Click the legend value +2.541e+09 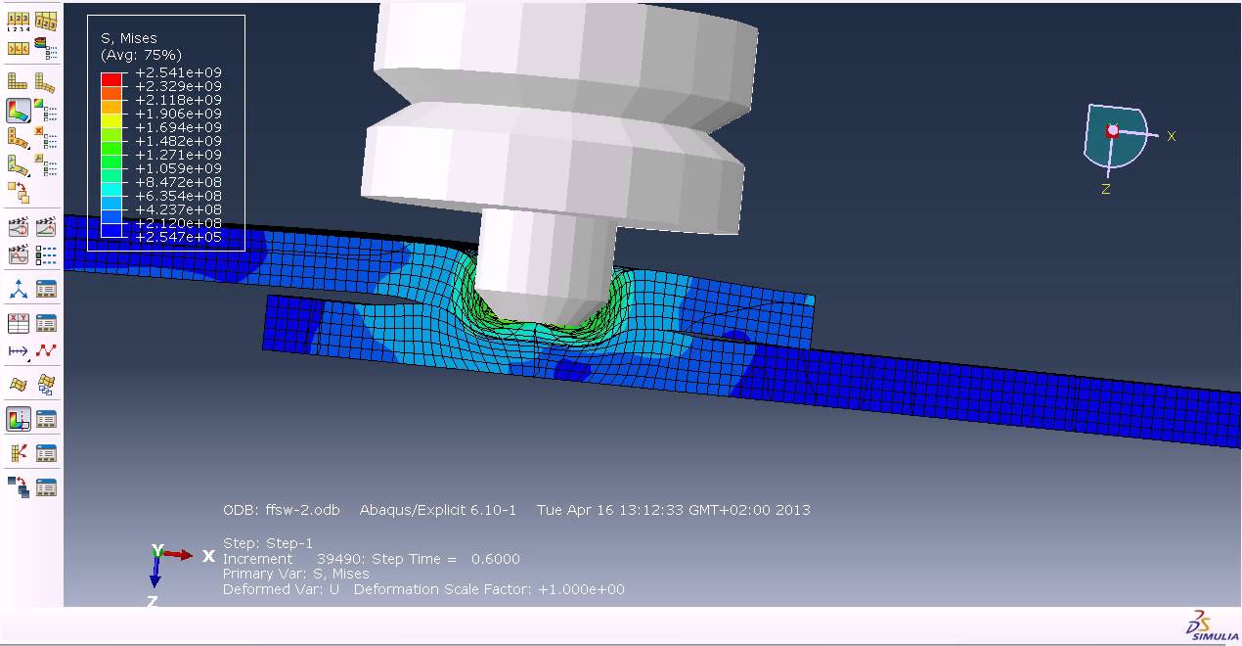coord(178,72)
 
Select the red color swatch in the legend coord(112,79)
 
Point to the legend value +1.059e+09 coord(178,168)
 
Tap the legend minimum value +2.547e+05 coord(178,237)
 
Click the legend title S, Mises coord(129,38)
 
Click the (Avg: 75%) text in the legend coord(141,55)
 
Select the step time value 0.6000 coord(495,559)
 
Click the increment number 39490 coord(338,559)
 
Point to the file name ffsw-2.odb coord(302,510)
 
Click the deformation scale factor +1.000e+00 coord(581,589)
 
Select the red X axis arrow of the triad coord(178,554)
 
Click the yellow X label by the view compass coord(1171,136)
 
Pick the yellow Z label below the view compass coord(1106,189)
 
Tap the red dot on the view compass coord(1112,130)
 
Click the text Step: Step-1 coord(268,543)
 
